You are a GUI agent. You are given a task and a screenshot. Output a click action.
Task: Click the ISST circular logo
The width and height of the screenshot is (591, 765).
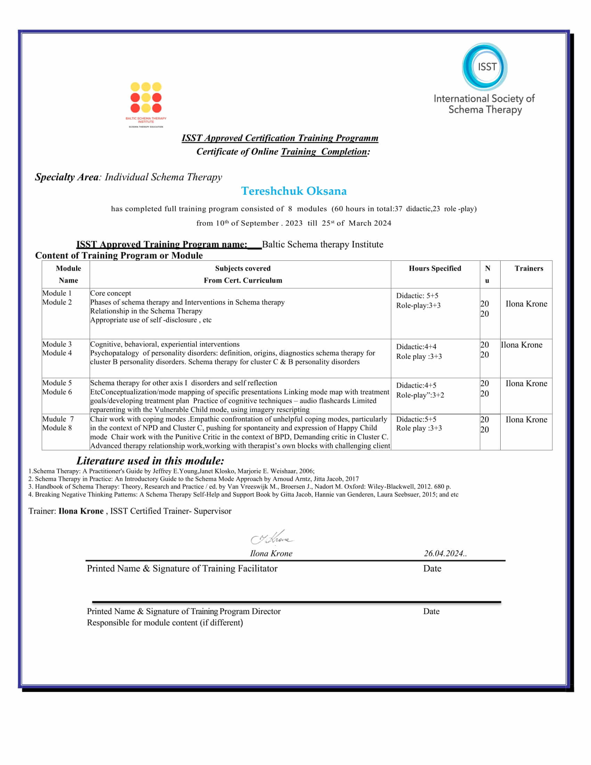485,66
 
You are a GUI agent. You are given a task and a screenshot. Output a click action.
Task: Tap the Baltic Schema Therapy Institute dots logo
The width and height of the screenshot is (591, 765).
146,98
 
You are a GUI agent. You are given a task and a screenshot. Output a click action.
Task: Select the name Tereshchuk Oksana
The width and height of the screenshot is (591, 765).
294,191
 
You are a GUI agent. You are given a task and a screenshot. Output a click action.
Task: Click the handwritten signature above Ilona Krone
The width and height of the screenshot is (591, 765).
272,538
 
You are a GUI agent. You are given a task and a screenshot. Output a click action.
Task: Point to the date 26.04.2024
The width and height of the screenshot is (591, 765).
445,554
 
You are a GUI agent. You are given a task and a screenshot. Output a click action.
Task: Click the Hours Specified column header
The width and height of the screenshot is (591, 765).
435,268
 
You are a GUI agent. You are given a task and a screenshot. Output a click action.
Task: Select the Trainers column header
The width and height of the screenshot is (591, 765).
529,268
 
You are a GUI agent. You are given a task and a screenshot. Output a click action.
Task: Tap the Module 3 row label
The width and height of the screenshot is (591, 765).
57,344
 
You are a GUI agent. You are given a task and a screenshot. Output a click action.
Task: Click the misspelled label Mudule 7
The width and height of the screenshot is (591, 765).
58,419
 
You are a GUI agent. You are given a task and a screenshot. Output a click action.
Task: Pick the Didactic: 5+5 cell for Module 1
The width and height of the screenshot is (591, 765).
417,296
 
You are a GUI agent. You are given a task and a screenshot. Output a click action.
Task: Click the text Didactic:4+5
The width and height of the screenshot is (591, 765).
416,385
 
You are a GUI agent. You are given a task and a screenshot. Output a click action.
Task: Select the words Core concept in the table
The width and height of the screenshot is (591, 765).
111,293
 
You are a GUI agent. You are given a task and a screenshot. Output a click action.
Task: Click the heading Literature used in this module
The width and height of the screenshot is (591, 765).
150,461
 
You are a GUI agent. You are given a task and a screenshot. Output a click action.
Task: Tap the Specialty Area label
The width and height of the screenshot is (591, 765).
66,177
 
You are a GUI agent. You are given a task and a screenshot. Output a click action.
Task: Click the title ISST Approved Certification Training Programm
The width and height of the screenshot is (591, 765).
280,138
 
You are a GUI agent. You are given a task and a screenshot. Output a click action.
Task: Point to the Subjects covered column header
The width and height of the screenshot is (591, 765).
243,268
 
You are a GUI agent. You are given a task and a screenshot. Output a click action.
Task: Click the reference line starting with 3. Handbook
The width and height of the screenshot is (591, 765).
240,486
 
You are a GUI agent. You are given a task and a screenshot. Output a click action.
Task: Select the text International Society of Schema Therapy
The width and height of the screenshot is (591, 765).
484,104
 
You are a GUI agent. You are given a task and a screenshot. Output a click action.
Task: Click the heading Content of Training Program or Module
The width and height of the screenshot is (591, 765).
119,255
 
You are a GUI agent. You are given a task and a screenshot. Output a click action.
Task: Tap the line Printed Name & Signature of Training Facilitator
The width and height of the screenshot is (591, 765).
182,569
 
